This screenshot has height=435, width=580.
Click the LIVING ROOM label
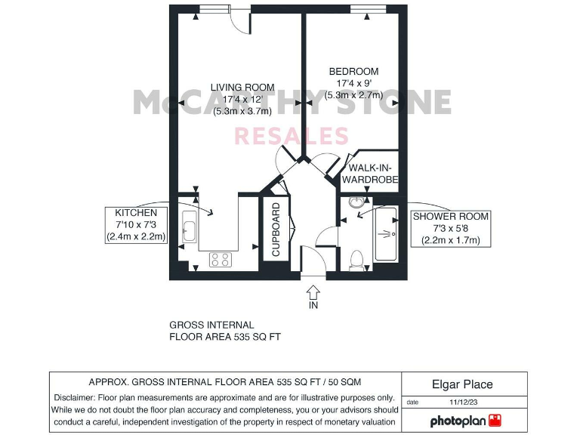point(242,87)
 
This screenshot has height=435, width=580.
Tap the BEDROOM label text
point(353,72)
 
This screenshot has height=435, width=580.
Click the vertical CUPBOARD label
point(276,230)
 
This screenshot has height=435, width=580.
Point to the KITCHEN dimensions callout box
point(136,225)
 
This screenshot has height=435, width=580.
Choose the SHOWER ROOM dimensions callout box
point(450,229)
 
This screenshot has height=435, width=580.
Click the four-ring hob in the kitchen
point(220,259)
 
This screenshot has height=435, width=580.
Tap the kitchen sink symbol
point(190,226)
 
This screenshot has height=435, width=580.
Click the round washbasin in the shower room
point(357,202)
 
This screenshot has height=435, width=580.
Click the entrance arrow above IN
point(313,291)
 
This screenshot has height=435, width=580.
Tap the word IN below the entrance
point(313,306)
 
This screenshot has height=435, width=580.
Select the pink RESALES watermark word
point(292,137)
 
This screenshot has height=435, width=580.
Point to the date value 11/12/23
point(464,403)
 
